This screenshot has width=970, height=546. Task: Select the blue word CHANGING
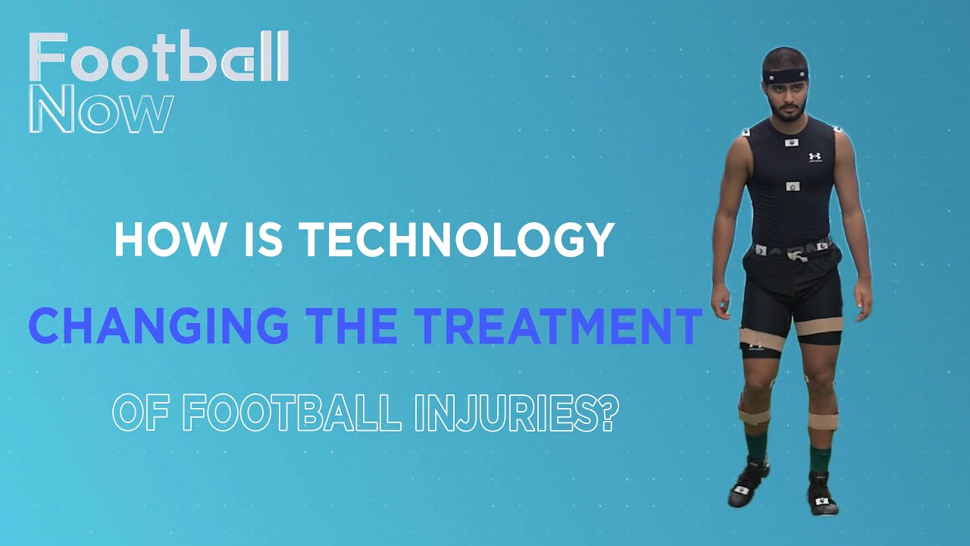point(158,327)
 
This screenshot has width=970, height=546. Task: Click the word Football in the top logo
point(159,58)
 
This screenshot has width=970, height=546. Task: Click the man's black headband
point(785,77)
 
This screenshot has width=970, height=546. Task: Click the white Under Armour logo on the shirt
point(815,157)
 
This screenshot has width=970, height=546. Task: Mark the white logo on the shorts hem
point(755,347)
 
